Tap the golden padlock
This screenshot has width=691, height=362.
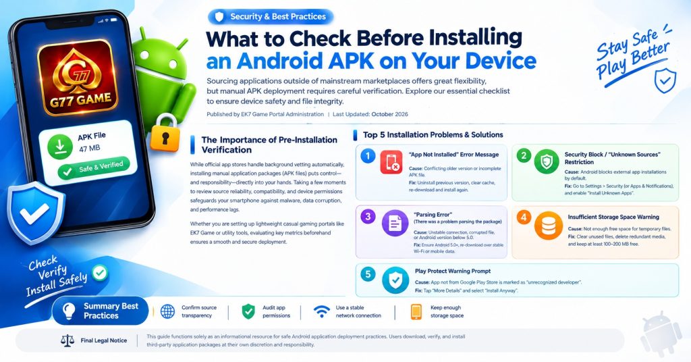click(165, 134)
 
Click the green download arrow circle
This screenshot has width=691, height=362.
click(60, 147)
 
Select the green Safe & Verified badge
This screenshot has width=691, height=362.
click(94, 168)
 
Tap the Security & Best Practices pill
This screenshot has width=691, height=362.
click(271, 17)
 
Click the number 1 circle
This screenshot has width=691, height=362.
click(368, 155)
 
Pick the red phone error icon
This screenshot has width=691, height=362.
click(391, 162)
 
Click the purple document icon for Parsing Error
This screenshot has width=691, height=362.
click(395, 224)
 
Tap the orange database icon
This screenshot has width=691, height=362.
click(548, 226)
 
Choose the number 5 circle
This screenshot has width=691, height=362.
click(368, 274)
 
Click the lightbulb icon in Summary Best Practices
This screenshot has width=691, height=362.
click(69, 311)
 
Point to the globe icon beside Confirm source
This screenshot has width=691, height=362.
click(167, 311)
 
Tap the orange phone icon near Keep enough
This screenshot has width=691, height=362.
click(416, 311)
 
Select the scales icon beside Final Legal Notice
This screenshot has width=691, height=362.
click(67, 340)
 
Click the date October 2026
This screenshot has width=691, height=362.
click(389, 114)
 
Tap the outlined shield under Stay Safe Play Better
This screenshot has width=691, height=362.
click(665, 80)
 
